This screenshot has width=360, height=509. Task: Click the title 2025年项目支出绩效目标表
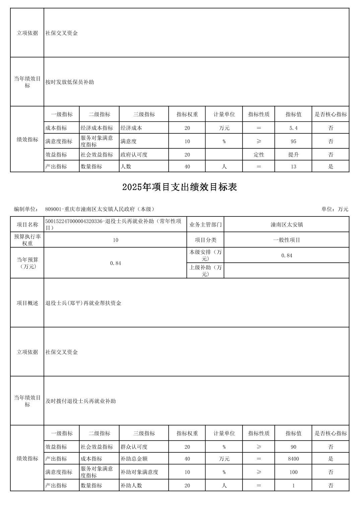click(x=179, y=187)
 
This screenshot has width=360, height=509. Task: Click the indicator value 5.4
click(x=293, y=128)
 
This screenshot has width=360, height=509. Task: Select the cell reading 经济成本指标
click(x=97, y=128)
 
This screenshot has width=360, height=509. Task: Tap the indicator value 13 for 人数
click(x=293, y=167)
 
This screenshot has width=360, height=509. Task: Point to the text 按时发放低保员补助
click(x=70, y=82)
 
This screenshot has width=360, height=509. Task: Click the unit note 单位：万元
click(x=335, y=209)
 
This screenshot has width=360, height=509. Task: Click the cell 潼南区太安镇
click(x=286, y=225)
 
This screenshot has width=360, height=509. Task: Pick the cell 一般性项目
click(x=286, y=240)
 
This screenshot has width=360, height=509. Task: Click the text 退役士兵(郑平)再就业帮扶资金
click(x=83, y=303)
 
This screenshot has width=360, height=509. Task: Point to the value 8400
click(x=293, y=459)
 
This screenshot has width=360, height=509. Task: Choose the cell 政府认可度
click(x=134, y=155)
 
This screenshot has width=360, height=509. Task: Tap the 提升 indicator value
click(x=293, y=155)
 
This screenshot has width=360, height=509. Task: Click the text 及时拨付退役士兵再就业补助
click(x=81, y=401)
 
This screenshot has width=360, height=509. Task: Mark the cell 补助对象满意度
click(x=139, y=472)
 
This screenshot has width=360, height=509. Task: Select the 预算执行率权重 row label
click(x=27, y=240)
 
